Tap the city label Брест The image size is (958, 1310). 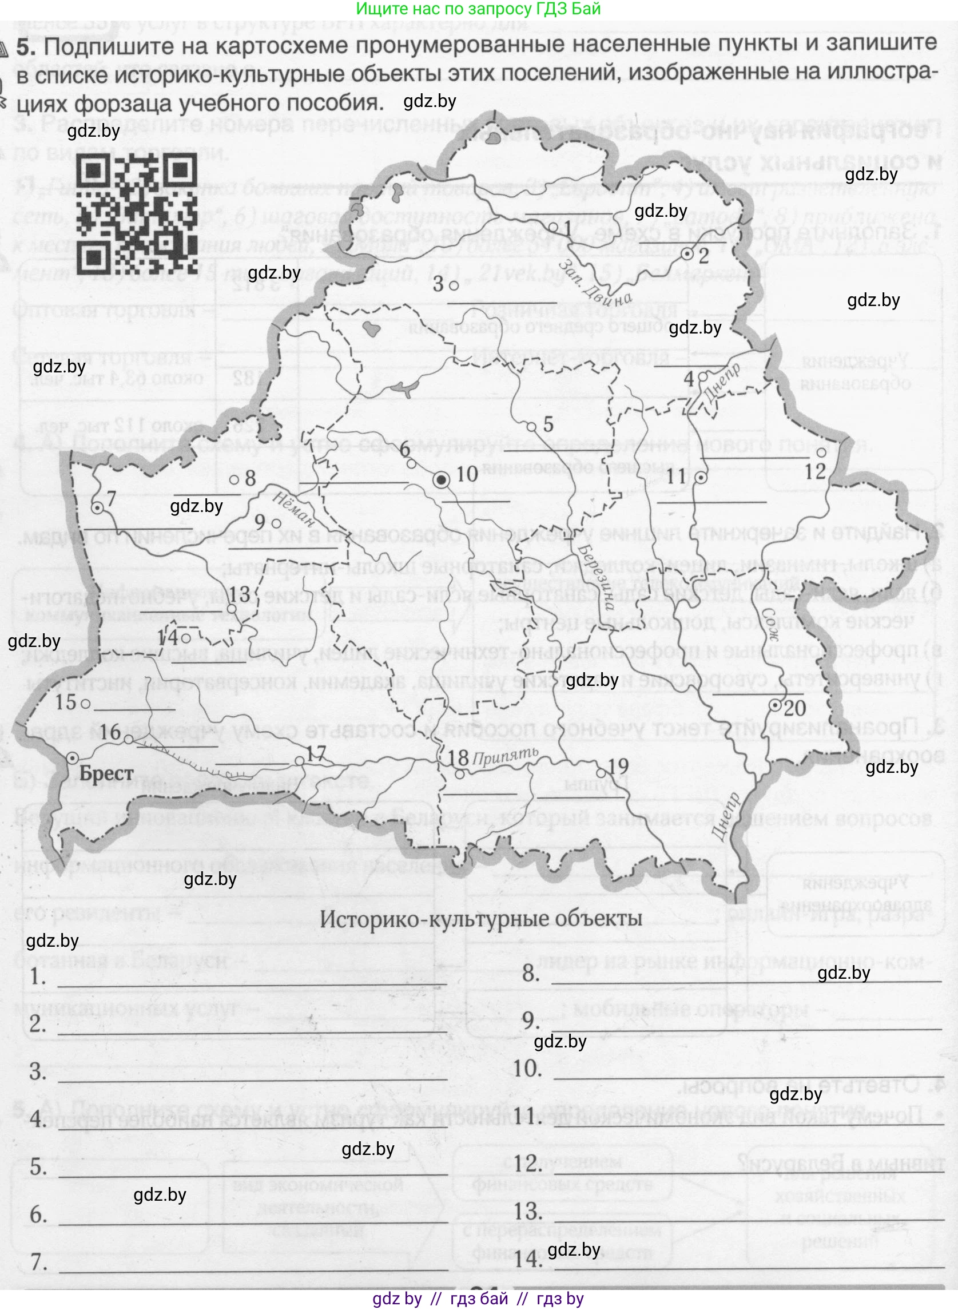106,773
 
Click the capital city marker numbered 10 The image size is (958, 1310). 442,479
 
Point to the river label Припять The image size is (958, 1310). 506,756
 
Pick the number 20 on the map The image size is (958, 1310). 794,708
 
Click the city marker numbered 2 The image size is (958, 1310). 687,254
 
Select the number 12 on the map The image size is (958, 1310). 815,470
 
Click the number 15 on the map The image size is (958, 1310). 66,702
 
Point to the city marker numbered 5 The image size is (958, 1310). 531,426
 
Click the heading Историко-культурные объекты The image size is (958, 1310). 481,919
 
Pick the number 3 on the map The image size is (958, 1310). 439,284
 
